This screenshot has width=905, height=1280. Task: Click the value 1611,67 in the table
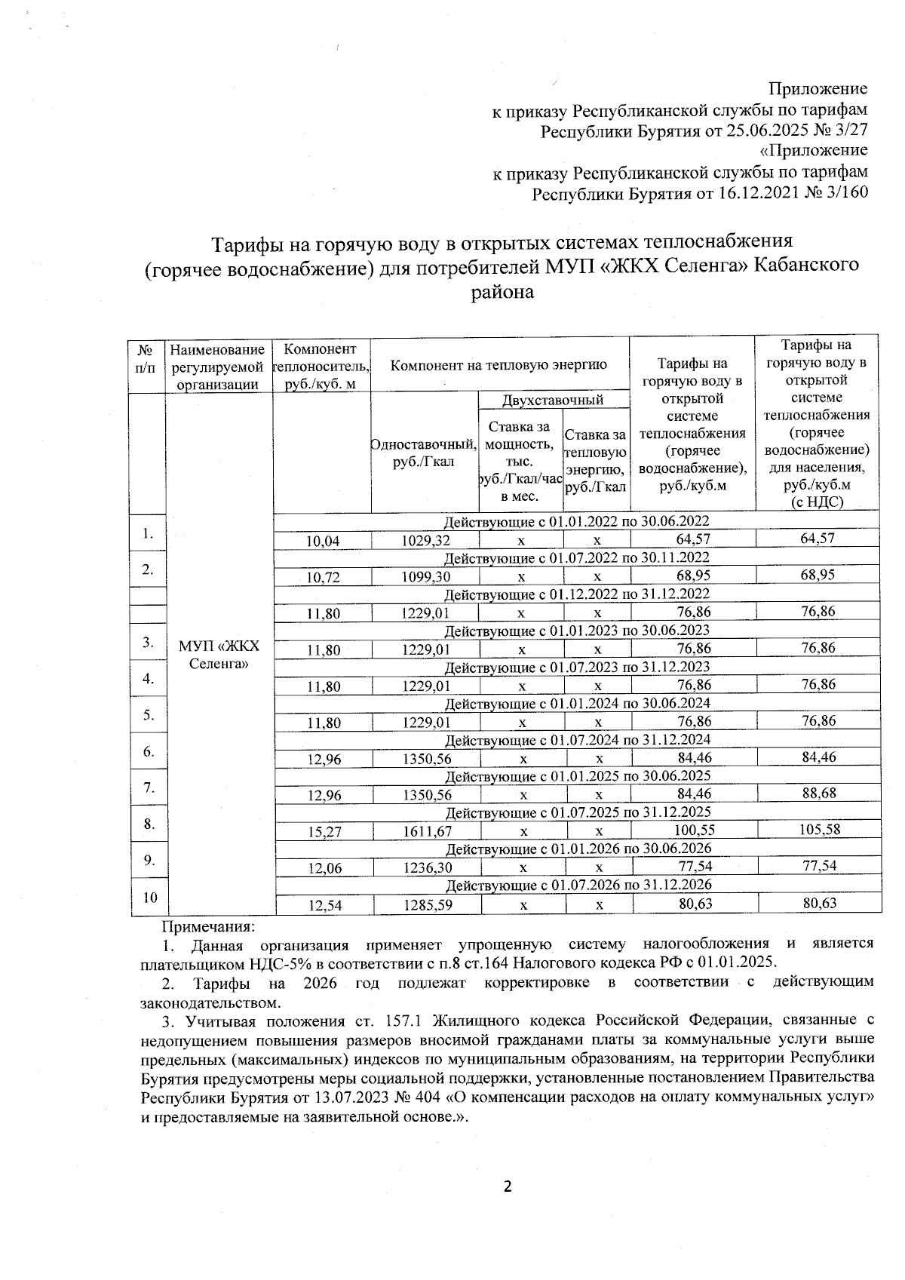pos(426,830)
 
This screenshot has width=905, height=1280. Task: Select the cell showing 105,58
pos(818,829)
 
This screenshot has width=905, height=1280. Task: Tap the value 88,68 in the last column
pos(818,793)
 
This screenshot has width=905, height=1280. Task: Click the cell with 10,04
pos(322,540)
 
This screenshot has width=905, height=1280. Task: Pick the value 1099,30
pos(426,576)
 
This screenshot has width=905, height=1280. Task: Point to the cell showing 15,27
pos(322,830)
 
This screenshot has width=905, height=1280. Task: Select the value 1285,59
pos(426,904)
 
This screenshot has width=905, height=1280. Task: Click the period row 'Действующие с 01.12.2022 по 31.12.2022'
pos(577,594)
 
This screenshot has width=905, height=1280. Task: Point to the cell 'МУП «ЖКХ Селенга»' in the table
pos(219,655)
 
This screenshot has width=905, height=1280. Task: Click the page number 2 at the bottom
pos(507,1187)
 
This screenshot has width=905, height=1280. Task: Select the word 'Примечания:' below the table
pos(209,925)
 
